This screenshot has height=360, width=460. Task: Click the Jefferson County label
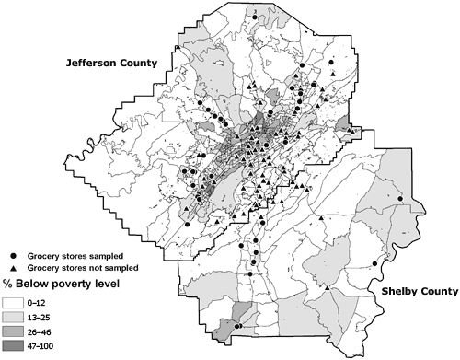(x=108, y=64)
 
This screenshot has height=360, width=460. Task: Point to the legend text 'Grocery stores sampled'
(x=72, y=255)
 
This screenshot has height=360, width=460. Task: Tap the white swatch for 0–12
(x=15, y=301)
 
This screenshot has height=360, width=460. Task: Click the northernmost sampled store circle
(x=253, y=16)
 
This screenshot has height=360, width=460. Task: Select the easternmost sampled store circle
(x=400, y=199)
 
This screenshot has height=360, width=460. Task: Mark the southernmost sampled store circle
(x=237, y=327)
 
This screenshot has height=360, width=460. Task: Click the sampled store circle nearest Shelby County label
(x=400, y=199)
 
